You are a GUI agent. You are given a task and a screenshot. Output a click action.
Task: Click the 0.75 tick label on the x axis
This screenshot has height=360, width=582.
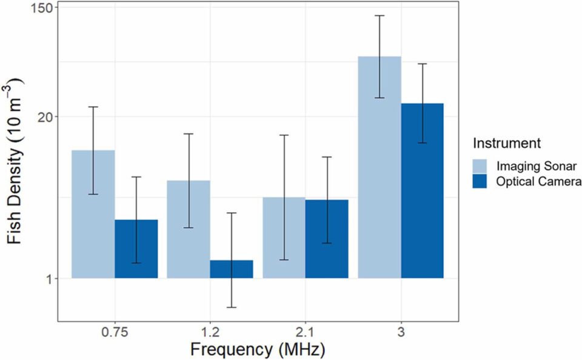tap(115, 333)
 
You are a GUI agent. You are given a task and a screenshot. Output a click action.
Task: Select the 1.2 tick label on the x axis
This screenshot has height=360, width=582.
tap(210, 333)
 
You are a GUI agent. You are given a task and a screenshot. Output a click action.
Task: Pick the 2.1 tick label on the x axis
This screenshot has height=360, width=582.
tap(305, 333)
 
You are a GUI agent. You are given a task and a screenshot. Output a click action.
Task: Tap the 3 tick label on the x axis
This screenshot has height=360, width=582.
tap(401, 333)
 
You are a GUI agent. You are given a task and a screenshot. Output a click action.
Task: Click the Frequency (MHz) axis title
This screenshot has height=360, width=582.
tap(258, 350)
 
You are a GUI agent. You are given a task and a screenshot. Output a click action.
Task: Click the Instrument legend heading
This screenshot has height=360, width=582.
tap(506, 144)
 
